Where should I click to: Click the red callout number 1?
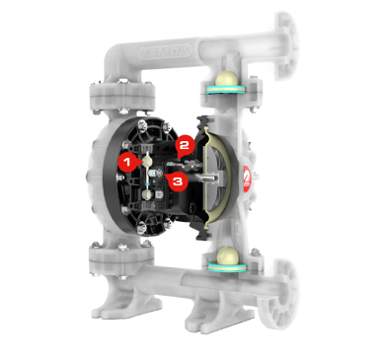(x=126, y=160)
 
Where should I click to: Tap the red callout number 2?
(x=184, y=145)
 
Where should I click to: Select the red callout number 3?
(x=176, y=181)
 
